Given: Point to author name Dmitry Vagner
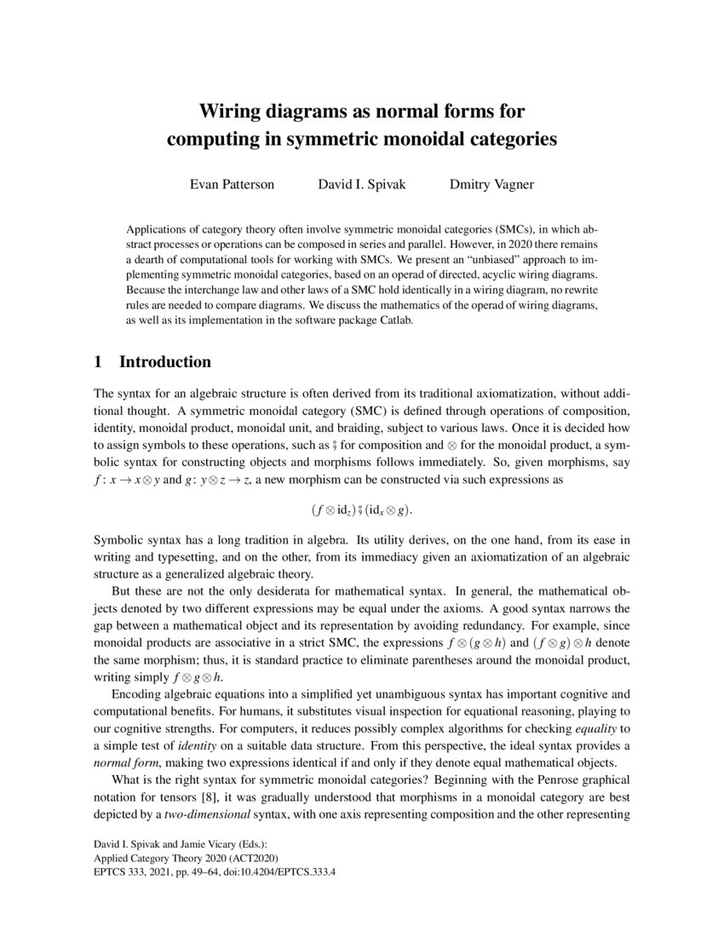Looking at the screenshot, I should click(x=491, y=183).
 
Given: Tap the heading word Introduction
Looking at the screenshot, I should click(x=165, y=362).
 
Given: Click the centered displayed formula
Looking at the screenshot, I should click(x=361, y=510).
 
